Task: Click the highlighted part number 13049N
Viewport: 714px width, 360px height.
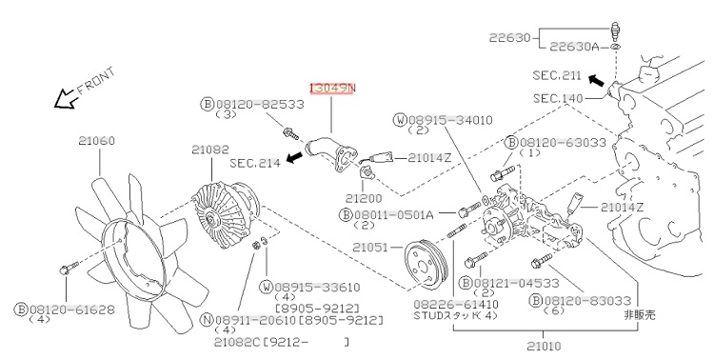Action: pyautogui.click(x=331, y=89)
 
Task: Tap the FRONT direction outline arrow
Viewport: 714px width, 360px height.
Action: pyautogui.click(x=64, y=99)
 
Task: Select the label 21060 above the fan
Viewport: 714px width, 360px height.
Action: pyautogui.click(x=96, y=141)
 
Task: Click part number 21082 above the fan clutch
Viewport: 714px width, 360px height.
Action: pyautogui.click(x=210, y=149)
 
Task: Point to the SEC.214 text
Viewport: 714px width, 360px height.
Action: pyautogui.click(x=255, y=163)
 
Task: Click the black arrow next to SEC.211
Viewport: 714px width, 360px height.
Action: pyautogui.click(x=596, y=81)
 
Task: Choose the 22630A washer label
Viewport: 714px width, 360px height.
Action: pyautogui.click(x=575, y=47)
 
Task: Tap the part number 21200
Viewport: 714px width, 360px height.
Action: pyautogui.click(x=364, y=198)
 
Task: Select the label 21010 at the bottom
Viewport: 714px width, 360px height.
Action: pyautogui.click(x=545, y=347)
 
